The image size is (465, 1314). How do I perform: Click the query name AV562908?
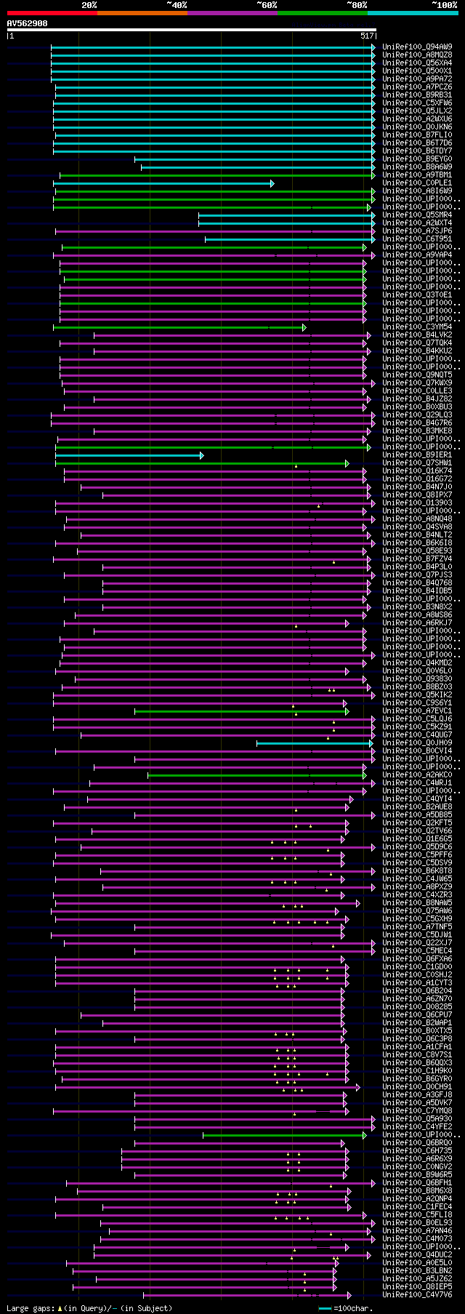tap(27, 23)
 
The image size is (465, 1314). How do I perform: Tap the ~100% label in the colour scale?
tap(444, 4)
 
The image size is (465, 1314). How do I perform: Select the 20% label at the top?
tap(89, 4)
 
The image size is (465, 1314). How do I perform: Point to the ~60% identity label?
tap(267, 4)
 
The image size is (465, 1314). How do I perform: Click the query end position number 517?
tap(367, 35)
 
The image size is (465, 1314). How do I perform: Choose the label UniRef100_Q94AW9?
tap(417, 47)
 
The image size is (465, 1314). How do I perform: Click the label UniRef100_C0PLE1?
tap(417, 183)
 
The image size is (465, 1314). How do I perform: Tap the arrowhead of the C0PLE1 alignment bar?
tap(272, 183)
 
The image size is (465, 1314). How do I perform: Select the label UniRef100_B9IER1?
tap(417, 455)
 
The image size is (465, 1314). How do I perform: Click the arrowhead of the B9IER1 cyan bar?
tap(201, 455)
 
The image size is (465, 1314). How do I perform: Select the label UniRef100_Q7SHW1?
tap(417, 463)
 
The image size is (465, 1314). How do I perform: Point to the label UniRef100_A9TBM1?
tap(417, 175)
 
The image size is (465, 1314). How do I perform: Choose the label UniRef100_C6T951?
tap(417, 239)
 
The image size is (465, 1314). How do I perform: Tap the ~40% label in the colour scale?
tap(177, 4)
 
